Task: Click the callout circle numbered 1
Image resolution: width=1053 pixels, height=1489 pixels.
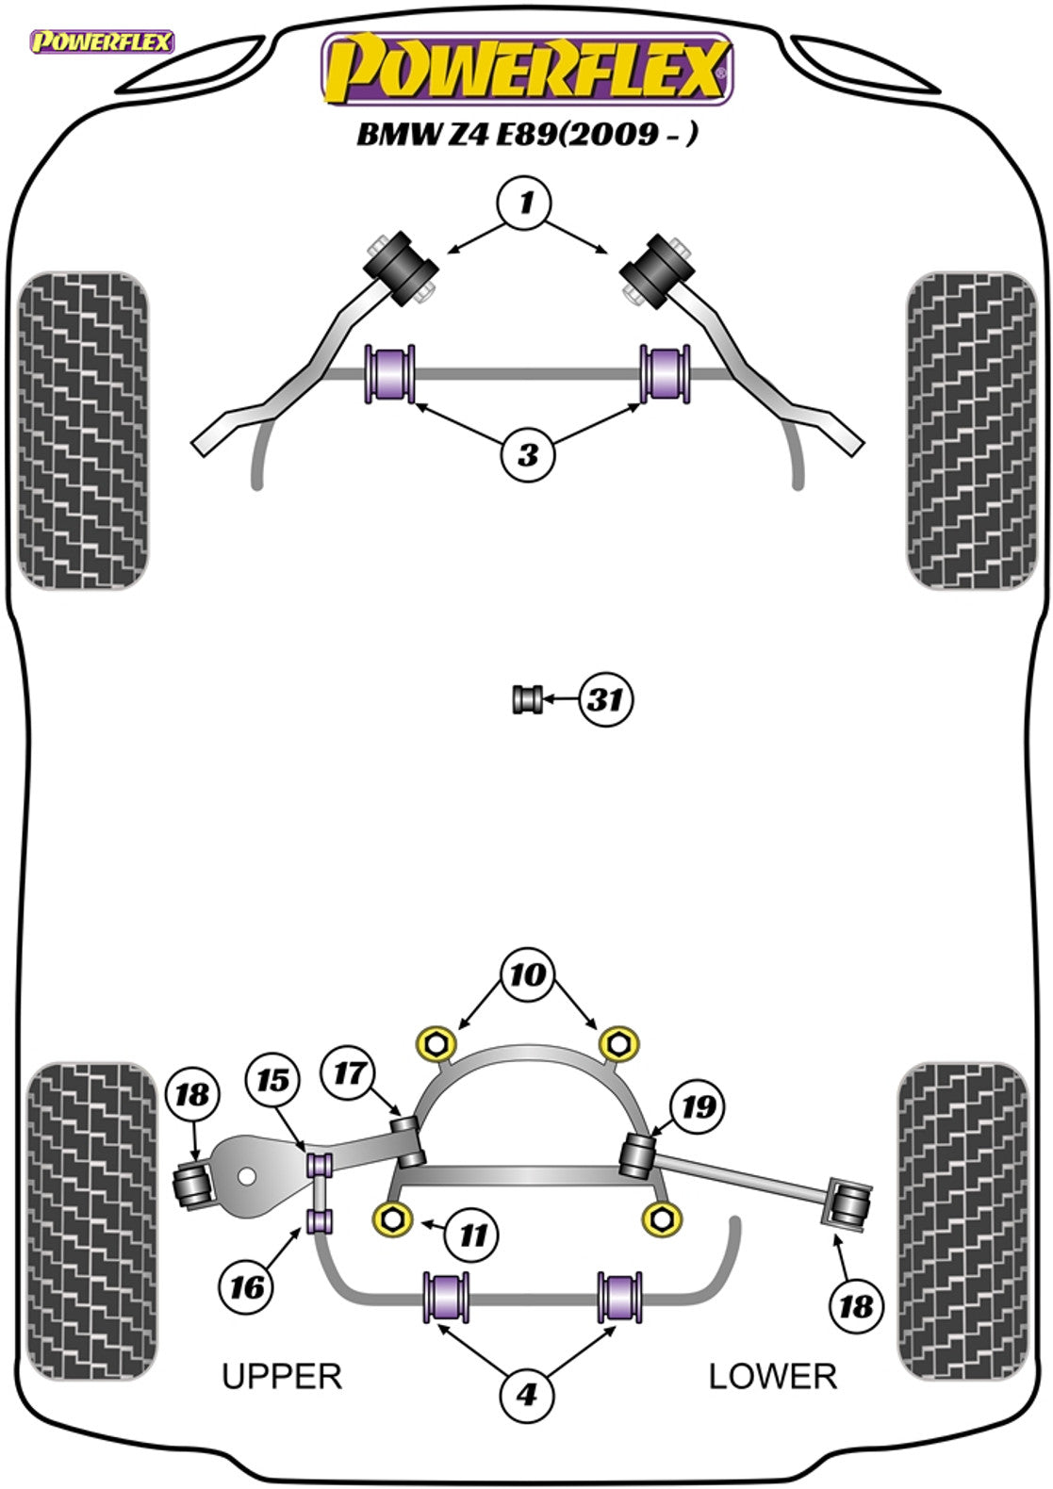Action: tap(526, 204)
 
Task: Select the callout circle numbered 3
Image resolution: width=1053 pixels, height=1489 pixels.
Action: tap(527, 454)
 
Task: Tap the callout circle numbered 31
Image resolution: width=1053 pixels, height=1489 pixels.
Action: tap(605, 700)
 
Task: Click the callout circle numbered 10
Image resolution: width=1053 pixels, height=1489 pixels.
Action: tap(527, 974)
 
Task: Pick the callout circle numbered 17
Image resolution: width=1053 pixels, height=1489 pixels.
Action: tap(350, 1072)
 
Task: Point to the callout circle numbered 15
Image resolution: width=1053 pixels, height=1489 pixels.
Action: tap(273, 1080)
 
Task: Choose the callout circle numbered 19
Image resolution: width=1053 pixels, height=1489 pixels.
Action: tap(699, 1106)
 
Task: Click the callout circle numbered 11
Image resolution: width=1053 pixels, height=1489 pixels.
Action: tap(473, 1235)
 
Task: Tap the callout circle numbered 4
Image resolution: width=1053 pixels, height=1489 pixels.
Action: tap(527, 1393)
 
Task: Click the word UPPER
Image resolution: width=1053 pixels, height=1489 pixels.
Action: tap(281, 1377)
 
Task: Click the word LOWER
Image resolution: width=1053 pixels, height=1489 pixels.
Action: tap(772, 1377)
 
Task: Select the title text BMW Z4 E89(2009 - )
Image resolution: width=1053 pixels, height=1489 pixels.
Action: tap(527, 134)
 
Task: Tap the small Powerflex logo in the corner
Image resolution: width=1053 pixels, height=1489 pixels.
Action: tap(102, 41)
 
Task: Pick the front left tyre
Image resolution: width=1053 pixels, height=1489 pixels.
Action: tap(83, 432)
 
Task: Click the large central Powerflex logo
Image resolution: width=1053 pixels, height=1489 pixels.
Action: tap(527, 69)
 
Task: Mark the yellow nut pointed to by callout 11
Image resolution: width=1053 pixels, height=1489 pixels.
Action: tap(393, 1219)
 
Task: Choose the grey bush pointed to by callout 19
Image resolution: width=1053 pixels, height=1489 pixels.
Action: tap(638, 1156)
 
